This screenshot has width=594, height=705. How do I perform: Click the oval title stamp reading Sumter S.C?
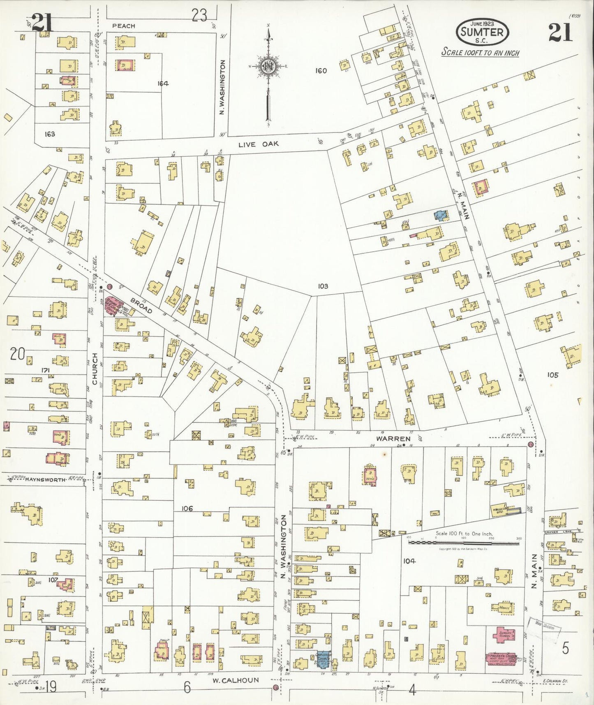click(x=482, y=32)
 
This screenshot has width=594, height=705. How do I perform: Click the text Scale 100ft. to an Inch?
click(x=480, y=53)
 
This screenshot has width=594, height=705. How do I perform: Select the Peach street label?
click(x=123, y=26)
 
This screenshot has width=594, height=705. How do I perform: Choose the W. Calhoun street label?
click(x=236, y=680)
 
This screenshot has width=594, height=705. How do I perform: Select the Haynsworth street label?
click(x=45, y=480)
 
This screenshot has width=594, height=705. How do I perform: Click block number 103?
click(x=323, y=286)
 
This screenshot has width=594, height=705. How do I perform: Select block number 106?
click(x=187, y=509)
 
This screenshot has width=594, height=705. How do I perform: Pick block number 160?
click(x=321, y=71)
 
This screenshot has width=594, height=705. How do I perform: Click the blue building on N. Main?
click(x=441, y=215)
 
